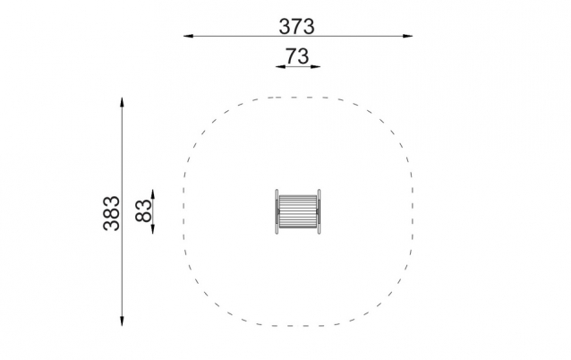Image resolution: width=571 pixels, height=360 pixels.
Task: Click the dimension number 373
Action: click(296, 27)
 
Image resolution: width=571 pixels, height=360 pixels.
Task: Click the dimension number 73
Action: click(297, 56)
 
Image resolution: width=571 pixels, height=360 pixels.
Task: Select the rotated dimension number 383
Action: click(112, 213)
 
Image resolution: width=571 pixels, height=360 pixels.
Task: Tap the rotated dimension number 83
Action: click(143, 211)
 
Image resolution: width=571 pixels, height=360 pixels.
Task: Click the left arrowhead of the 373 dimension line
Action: click(188, 36)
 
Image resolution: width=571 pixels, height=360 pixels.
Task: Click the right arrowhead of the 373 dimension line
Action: click(408, 36)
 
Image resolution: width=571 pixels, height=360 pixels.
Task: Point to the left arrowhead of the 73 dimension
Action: click(280, 66)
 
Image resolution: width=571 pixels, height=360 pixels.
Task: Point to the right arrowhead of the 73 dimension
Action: click(315, 66)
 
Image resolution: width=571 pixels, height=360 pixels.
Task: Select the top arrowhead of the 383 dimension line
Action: click(122, 102)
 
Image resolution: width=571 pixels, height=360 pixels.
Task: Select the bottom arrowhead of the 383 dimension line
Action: click(122, 321)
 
